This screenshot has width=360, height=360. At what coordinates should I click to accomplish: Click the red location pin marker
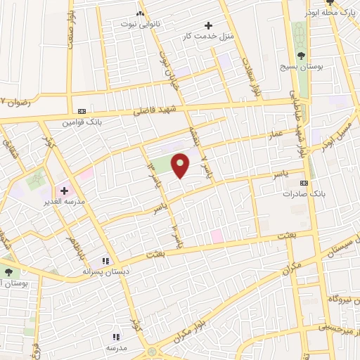181,165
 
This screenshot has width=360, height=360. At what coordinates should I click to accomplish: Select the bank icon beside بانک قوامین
82,111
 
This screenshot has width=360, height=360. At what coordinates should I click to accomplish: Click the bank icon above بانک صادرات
303,182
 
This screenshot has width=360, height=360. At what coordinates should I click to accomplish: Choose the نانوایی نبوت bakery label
141,24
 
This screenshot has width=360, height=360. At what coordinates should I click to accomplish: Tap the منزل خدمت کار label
207,35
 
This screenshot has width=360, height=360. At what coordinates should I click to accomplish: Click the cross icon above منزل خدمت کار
207,25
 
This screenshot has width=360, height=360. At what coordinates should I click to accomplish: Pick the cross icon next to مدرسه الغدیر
64,190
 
